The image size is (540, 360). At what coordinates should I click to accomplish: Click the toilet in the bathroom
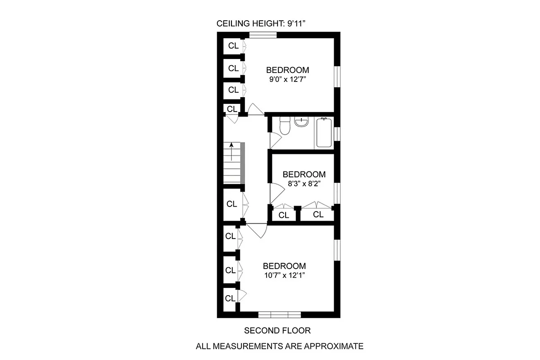click(284, 126)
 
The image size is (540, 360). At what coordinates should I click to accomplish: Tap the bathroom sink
click(301, 121)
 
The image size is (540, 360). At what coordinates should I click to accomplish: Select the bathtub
click(324, 132)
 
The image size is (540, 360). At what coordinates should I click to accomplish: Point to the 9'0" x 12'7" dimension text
click(287, 79)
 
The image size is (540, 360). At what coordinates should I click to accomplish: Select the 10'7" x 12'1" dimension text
click(284, 275)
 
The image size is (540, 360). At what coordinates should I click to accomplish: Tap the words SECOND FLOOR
click(277, 331)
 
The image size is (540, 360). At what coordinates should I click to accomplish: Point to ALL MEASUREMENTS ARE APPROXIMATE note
click(279, 346)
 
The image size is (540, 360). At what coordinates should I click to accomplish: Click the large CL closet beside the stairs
click(232, 204)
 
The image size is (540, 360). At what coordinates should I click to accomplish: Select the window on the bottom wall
click(279, 315)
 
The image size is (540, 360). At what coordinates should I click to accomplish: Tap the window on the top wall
click(263, 35)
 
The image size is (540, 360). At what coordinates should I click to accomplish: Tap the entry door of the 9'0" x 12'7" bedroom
click(255, 109)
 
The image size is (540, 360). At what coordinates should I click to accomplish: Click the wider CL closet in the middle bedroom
click(318, 215)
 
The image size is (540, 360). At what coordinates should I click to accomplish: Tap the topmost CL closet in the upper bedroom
click(233, 45)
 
